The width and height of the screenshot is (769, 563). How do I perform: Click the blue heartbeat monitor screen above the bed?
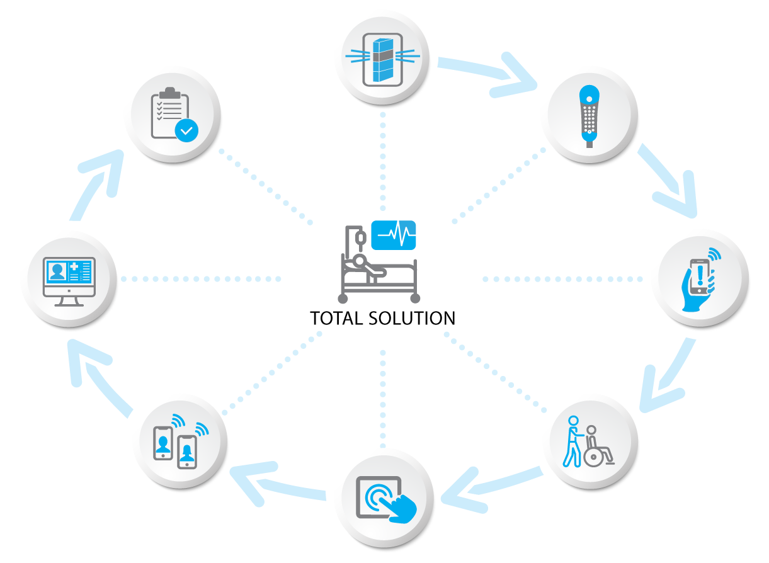click(394, 235)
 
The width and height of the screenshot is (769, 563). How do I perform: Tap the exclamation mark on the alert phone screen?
click(700, 273)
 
